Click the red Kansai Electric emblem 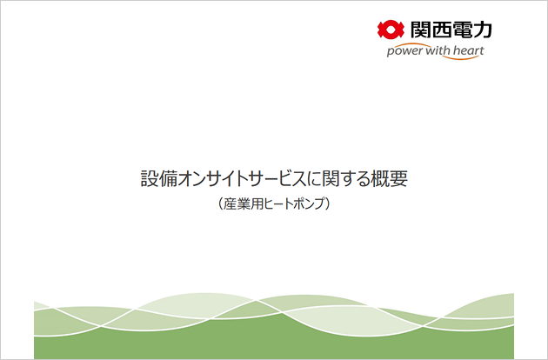[x=391, y=30]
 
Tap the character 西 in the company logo [x=441, y=30]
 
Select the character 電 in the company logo [x=462, y=30]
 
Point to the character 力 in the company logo [x=483, y=30]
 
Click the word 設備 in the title [x=159, y=178]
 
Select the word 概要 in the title [x=389, y=178]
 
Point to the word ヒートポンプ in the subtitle [x=292, y=204]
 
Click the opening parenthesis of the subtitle [x=221, y=204]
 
